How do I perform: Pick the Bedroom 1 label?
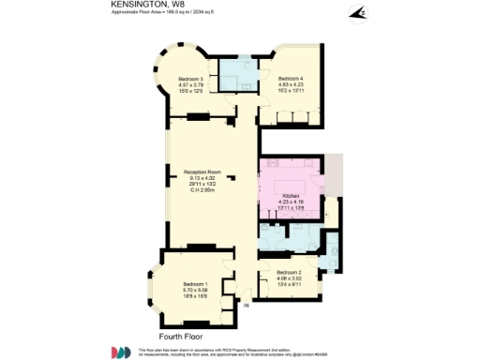click(x=195, y=284)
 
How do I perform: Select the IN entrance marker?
click(x=247, y=306)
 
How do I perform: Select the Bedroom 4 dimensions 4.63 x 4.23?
click(x=291, y=84)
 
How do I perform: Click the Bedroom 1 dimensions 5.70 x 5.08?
click(x=195, y=290)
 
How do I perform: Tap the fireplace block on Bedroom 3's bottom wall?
click(x=199, y=117)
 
